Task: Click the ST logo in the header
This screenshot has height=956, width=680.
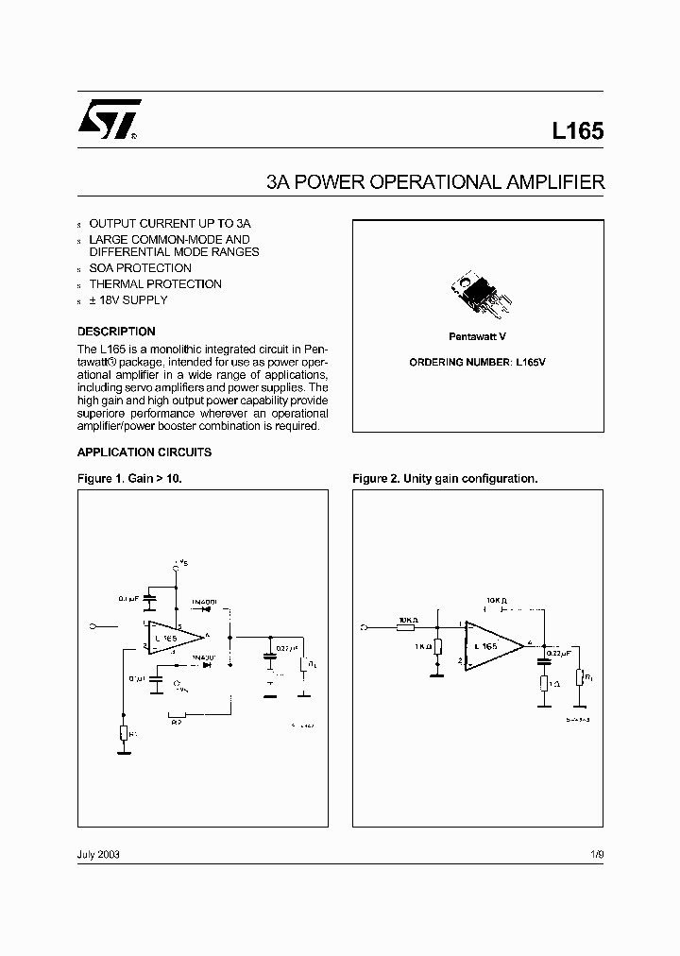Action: pos(109,120)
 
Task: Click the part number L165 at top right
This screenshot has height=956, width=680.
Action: pos(577,132)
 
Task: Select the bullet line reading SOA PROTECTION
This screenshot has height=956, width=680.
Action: pos(140,268)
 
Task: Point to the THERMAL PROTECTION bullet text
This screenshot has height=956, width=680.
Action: pos(155,283)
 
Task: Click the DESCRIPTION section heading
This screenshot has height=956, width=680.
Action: pos(116,332)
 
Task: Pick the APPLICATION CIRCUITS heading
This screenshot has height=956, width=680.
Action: pos(144,452)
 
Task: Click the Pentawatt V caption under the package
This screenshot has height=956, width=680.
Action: pos(478,336)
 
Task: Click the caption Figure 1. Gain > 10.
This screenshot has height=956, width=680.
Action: pos(128,478)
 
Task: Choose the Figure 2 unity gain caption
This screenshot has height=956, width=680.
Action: pos(445,478)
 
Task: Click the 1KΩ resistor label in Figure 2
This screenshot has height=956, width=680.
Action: pos(420,647)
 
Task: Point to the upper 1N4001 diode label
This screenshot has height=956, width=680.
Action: pos(204,602)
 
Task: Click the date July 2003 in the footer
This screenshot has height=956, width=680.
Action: pos(98,853)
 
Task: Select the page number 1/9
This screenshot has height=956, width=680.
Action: pos(595,853)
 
